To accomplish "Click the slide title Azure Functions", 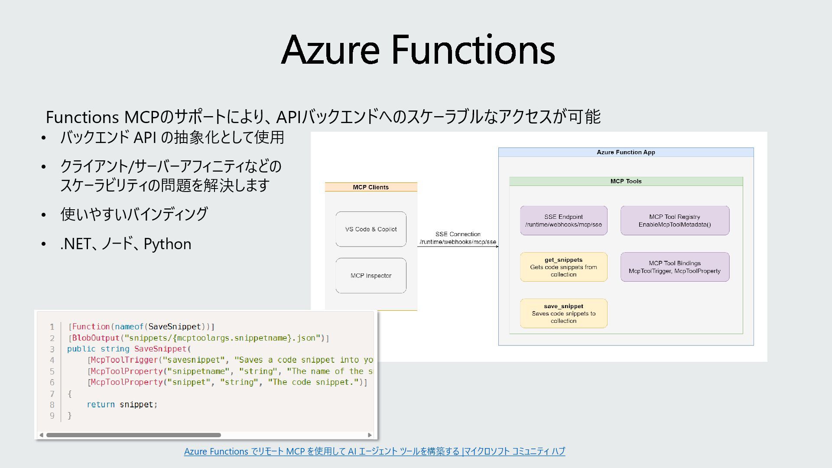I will (418, 49).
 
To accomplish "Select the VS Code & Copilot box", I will (370, 229).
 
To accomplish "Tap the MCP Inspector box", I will (370, 276).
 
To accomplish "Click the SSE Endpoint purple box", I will (563, 221).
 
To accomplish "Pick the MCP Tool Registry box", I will (675, 221).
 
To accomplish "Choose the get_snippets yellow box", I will (563, 267).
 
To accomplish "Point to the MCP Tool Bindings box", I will (675, 267).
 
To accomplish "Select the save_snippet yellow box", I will (563, 313).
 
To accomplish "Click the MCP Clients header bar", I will (370, 187).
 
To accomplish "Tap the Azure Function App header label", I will (626, 152).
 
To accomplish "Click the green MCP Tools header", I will (626, 181).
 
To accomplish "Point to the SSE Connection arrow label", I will (458, 238).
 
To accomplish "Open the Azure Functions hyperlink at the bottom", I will (374, 451).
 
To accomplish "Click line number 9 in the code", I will (52, 416).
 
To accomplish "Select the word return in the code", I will (101, 404).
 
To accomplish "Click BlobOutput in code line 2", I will (95, 338).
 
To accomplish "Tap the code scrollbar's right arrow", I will (370, 435).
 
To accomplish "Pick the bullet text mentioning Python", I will (126, 244).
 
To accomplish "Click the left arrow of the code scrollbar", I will (41, 435).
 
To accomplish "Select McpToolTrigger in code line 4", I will (124, 360).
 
